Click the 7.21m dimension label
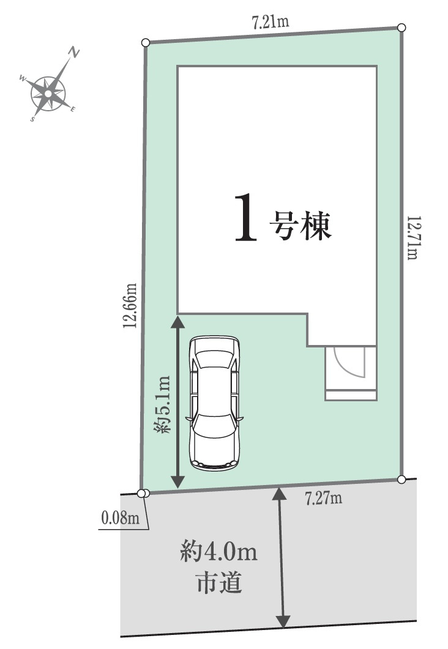[x=270, y=23]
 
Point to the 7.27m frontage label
[x=323, y=499]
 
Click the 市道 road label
[x=218, y=583]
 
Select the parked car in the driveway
[x=214, y=402]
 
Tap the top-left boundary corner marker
[x=145, y=42]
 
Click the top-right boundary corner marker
[x=401, y=28]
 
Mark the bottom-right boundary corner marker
[x=401, y=479]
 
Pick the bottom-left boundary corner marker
[x=142, y=494]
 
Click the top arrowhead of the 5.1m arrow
[x=177, y=319]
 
